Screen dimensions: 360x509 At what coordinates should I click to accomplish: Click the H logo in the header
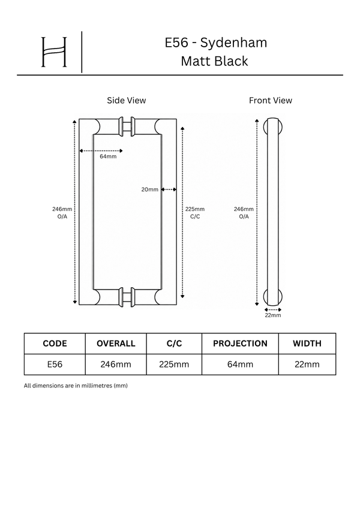tap(54, 52)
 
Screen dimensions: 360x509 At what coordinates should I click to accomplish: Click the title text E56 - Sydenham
tap(216, 43)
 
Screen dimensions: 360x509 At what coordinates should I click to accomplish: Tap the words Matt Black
tap(214, 61)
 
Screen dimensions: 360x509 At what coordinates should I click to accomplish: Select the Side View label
tap(127, 100)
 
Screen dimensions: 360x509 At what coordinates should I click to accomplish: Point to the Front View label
tap(271, 100)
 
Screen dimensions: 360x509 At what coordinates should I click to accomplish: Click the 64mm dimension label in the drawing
tap(108, 156)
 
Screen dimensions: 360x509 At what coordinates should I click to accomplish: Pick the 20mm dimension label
tap(150, 189)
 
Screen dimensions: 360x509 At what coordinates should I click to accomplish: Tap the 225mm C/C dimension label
tap(195, 213)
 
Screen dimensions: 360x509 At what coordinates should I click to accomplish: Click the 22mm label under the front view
tap(273, 315)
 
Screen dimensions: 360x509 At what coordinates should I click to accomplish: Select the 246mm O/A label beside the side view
tap(62, 213)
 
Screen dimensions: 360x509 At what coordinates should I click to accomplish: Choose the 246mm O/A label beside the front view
tap(244, 213)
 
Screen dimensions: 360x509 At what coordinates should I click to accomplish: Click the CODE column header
tap(55, 344)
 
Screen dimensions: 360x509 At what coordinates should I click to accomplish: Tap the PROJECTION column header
tap(240, 344)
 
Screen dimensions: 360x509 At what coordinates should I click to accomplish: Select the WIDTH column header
tap(307, 344)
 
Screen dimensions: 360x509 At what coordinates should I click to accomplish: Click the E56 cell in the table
tap(55, 365)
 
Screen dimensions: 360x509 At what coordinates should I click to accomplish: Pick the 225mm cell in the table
tap(174, 365)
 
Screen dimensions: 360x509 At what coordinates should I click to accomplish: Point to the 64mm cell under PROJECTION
tap(240, 365)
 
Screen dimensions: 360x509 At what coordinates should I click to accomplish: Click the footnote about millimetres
tap(76, 385)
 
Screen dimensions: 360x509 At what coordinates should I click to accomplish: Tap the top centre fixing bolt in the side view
tap(127, 127)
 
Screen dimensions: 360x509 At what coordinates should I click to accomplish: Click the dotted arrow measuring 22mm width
tap(273, 310)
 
